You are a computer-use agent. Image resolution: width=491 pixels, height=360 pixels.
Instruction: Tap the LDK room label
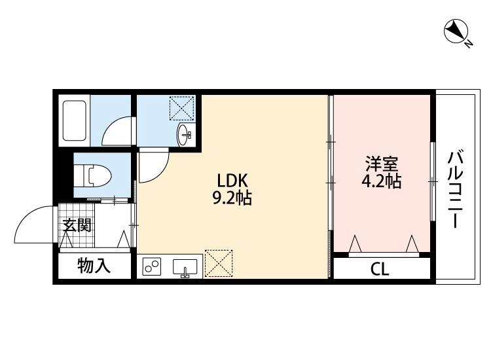pyautogui.click(x=232, y=180)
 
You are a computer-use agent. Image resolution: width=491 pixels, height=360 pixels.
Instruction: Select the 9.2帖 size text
pyautogui.click(x=232, y=198)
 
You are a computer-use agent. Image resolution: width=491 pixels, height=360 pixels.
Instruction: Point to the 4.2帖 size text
pyautogui.click(x=382, y=182)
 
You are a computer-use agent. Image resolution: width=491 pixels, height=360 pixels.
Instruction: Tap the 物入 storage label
pyautogui.click(x=93, y=266)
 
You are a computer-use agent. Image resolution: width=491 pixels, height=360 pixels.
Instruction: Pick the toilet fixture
pyautogui.click(x=92, y=175)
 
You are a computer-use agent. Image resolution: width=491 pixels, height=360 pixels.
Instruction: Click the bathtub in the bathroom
pyautogui.click(x=74, y=121)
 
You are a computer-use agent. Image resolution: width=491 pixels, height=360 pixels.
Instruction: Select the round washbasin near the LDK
pyautogui.click(x=185, y=135)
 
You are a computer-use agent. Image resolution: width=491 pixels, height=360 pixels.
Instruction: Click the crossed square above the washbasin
pyautogui.click(x=182, y=108)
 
